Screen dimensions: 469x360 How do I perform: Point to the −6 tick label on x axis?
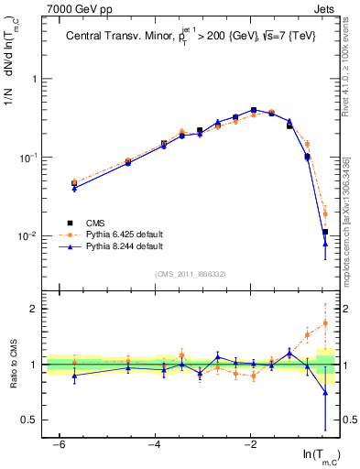coord(58,445)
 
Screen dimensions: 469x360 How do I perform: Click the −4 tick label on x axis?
coord(154,445)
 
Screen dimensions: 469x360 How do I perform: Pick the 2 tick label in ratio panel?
coord(38,309)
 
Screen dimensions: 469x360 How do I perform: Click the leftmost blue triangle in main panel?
coord(74,188)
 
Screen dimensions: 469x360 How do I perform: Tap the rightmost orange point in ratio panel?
coord(325,322)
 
